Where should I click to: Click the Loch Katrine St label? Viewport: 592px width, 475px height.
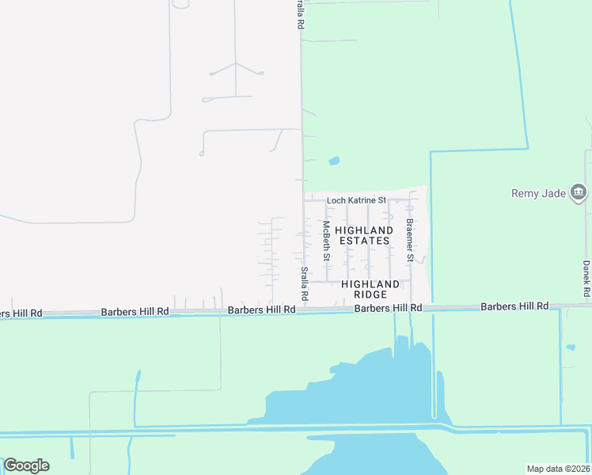(356, 201)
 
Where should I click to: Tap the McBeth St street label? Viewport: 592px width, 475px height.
(325, 241)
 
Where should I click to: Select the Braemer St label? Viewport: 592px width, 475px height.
(409, 240)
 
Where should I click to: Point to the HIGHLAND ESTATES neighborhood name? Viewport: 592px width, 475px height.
(364, 235)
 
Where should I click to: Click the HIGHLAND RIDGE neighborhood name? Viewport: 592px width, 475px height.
(370, 288)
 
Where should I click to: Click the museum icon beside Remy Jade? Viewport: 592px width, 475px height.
(579, 192)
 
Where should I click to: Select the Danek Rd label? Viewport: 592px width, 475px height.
(586, 279)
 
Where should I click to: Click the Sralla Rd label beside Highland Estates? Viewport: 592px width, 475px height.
(304, 283)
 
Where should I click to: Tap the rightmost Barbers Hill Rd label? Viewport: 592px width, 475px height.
(514, 306)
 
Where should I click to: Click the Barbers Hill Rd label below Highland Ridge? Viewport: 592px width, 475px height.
(388, 308)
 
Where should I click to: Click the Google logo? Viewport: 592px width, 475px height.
(26, 465)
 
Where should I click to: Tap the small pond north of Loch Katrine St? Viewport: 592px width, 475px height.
(334, 161)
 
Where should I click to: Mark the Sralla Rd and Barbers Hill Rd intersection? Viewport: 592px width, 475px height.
(302, 310)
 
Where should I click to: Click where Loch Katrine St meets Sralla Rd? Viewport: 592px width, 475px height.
(302, 200)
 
